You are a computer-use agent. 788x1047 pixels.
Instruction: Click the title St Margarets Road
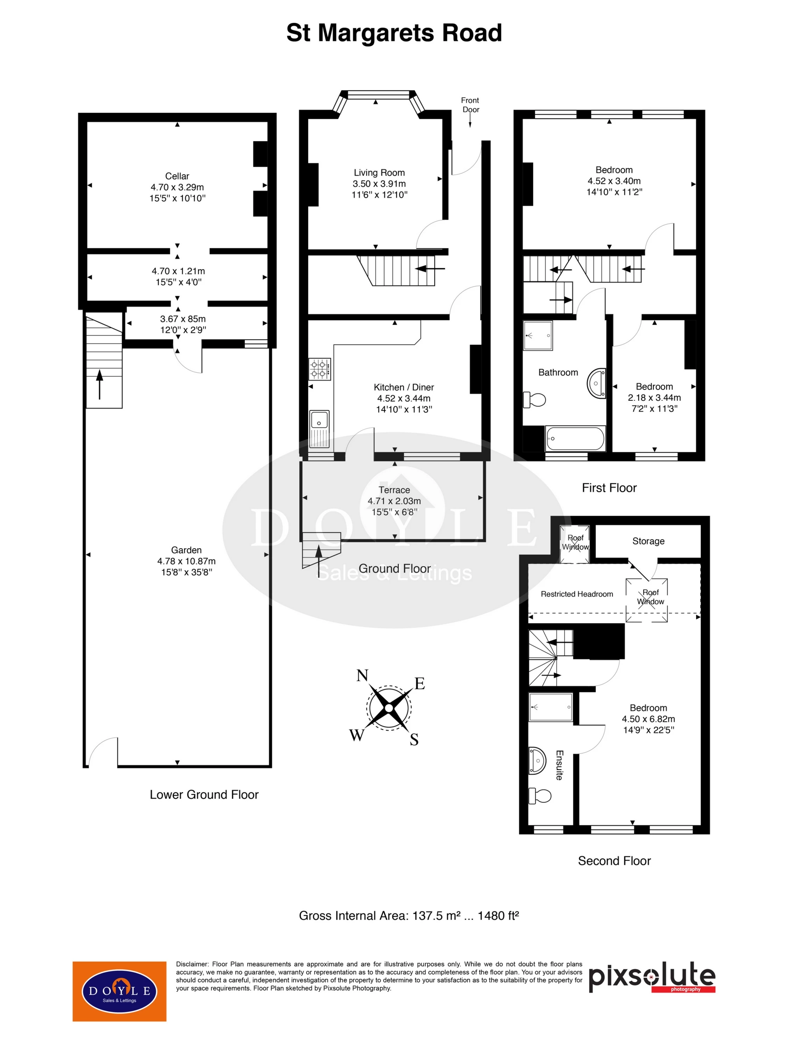coord(394,33)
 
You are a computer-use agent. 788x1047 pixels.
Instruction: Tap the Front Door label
coord(470,105)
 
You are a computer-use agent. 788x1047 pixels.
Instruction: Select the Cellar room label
coord(177,176)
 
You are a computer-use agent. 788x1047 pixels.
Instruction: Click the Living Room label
coord(379,173)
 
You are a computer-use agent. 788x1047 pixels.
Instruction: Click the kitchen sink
coord(319,429)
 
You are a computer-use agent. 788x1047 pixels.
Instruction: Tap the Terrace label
coord(394,490)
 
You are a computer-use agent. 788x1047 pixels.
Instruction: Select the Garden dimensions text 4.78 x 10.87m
coord(186,561)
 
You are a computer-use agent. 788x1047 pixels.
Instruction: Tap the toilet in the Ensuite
coord(540,796)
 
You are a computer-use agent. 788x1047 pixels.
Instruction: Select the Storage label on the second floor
coord(648,541)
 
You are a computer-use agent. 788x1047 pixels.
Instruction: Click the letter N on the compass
coord(362,675)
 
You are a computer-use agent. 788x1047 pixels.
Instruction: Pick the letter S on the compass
coord(414,739)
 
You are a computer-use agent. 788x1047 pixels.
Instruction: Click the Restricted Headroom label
coord(577,594)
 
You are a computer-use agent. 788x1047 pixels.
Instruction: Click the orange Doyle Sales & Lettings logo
coord(119,991)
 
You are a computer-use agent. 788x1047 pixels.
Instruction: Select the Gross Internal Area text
coord(409,915)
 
